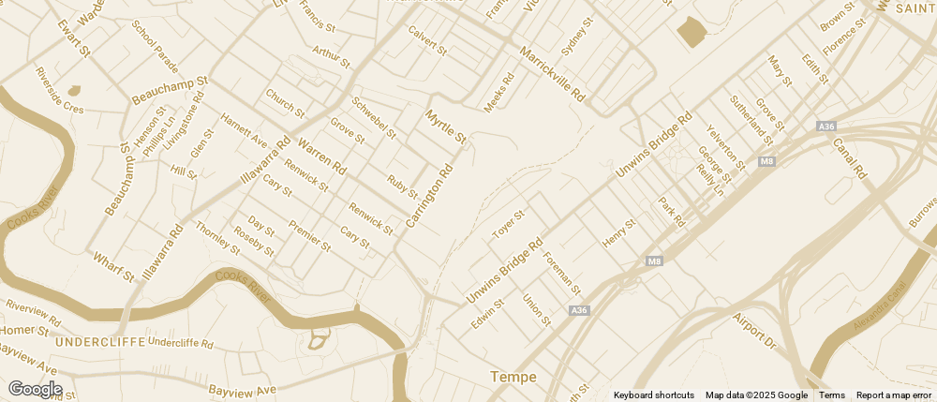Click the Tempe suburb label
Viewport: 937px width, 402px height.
[x=513, y=377]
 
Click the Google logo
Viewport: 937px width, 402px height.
[x=35, y=389]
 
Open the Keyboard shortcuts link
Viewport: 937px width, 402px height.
[x=654, y=395]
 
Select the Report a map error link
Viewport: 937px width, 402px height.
[x=894, y=395]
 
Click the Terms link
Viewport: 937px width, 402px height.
[x=832, y=395]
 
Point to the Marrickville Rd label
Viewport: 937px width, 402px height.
[x=552, y=75]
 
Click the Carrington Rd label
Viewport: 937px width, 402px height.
[x=430, y=196]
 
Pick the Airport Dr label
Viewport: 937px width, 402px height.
[x=755, y=331]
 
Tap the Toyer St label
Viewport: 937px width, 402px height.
[x=509, y=224]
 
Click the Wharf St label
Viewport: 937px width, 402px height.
[x=113, y=265]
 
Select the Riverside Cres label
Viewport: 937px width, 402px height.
[x=59, y=90]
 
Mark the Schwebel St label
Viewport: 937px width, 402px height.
[x=374, y=117]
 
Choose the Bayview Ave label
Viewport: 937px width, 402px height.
[x=243, y=389]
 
